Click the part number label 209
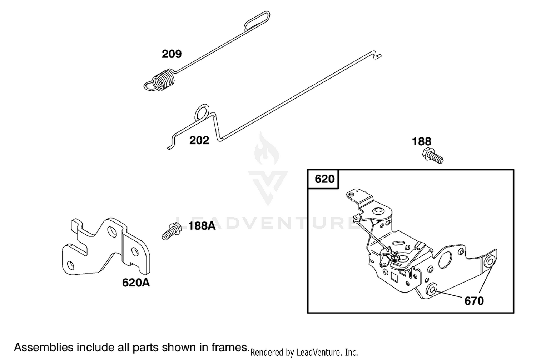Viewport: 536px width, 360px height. coord(172,54)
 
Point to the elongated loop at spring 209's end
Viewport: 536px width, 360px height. coord(257,21)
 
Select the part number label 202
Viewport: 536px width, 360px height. coord(199,140)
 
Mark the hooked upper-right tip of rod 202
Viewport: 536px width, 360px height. coord(378,55)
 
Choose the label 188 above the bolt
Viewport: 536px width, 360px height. coord(421,141)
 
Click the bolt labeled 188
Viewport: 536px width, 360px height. coord(433,156)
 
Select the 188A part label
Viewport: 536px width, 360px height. coord(202,226)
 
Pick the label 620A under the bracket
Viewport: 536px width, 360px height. coord(136,283)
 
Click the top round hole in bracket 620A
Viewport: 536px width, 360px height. coord(111,231)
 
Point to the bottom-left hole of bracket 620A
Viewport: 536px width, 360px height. coord(71,265)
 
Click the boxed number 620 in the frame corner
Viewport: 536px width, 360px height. coord(324,179)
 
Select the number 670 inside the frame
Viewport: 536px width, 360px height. coord(474,301)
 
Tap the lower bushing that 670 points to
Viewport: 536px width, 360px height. coord(432,290)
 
